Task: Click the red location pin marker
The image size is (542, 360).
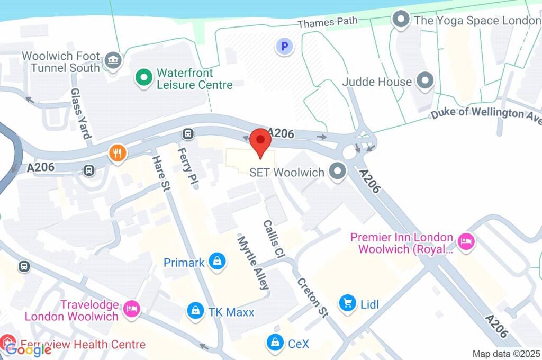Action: [260, 141]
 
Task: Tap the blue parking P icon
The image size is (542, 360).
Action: [284, 47]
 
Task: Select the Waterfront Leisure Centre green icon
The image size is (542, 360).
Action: [143, 79]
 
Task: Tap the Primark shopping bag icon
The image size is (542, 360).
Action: [217, 262]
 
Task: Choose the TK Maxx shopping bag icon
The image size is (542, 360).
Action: [196, 311]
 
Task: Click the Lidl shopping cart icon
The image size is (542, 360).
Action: [347, 303]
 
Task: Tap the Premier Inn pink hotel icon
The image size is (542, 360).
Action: [466, 242]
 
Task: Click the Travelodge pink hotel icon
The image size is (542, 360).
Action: [131, 309]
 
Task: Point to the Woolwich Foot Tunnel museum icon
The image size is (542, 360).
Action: [113, 60]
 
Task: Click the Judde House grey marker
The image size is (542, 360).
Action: [424, 82]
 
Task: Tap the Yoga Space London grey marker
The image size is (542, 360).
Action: [401, 20]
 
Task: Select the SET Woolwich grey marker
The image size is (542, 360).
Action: [337, 172]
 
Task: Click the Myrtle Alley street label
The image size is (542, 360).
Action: [253, 263]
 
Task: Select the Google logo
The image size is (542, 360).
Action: [29, 348]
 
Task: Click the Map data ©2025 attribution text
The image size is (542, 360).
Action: [506, 354]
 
